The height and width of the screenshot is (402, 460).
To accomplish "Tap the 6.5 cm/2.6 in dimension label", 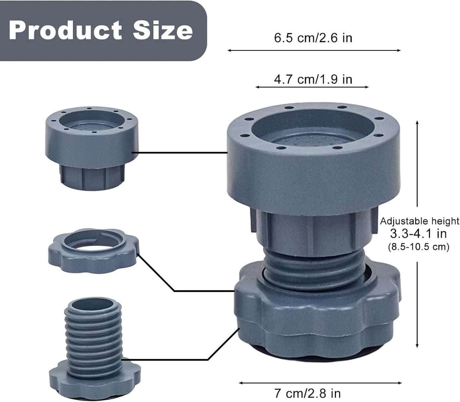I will point(313,38).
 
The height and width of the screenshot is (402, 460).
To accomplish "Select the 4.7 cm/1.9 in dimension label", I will point(313,79).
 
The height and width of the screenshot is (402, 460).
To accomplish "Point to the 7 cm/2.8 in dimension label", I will point(308,393).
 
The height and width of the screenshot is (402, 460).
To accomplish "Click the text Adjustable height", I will point(420,221).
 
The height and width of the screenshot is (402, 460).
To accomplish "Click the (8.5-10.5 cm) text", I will point(418,246).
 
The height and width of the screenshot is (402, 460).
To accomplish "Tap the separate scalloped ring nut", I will point(93,250).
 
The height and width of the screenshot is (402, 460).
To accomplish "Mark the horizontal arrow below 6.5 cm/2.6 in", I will point(314,50).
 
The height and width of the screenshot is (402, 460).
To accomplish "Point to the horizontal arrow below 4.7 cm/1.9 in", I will point(312,87).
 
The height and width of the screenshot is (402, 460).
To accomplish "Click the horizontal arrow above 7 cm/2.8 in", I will point(320,383).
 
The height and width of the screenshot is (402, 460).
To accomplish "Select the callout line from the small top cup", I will point(180,152).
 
